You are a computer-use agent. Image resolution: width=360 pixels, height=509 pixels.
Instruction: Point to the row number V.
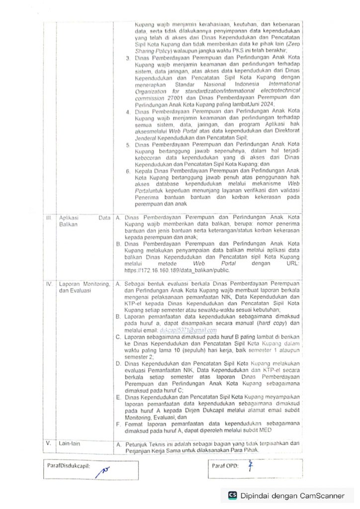coord(49,443)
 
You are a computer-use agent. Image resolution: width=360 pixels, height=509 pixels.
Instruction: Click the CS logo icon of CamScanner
coord(232,495)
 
